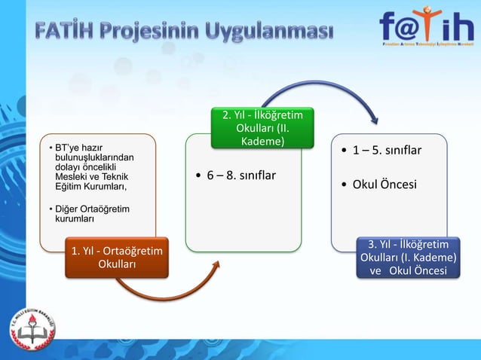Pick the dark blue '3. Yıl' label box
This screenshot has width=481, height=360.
[409, 258]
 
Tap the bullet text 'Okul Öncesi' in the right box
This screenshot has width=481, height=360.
[384, 184]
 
